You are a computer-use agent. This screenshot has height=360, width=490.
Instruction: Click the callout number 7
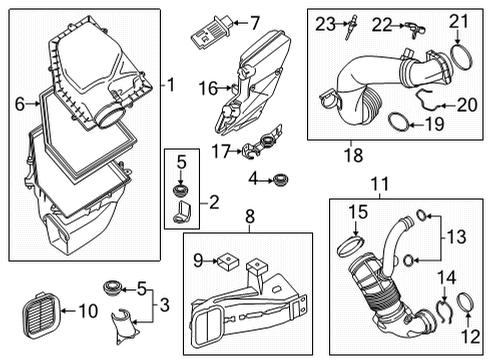click(x=254, y=22)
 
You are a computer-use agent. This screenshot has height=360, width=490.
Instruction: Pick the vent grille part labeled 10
click(x=37, y=315)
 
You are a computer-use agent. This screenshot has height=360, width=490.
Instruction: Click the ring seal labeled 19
click(x=398, y=124)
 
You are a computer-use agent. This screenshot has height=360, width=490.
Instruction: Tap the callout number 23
click(x=323, y=23)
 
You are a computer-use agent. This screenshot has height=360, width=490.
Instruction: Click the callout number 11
click(x=379, y=183)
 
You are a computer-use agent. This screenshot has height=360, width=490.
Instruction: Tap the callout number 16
click(x=207, y=89)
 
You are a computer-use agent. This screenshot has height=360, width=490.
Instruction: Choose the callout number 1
click(x=170, y=84)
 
